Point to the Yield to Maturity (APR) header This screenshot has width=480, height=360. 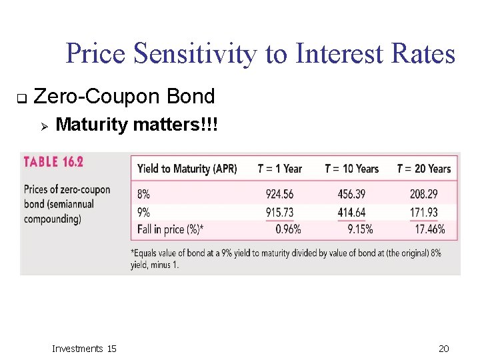187,169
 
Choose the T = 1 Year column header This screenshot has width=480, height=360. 280,169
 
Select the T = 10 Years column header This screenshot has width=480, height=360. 351,169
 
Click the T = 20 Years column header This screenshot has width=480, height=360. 423,169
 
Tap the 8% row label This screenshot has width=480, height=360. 144,194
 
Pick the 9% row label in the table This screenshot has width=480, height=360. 144,212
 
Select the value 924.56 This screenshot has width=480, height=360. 279,194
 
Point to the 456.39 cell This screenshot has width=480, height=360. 351,194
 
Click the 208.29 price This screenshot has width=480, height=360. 424,194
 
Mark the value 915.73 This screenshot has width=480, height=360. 279,212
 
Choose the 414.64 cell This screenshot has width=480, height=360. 351,212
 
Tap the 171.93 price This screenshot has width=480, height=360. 424,212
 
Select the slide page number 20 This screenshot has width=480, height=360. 444,349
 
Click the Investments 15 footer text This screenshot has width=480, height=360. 84,349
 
